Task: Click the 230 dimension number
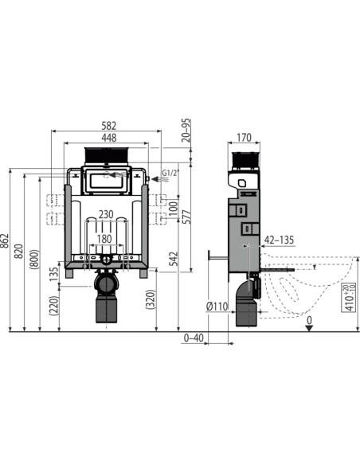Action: point(105,214)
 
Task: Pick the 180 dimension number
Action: point(105,238)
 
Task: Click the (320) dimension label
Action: point(151,299)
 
